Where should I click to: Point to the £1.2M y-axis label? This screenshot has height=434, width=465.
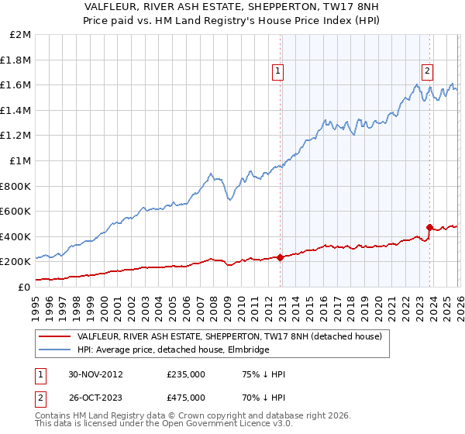coord(15,136)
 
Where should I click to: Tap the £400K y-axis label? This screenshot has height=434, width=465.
coord(15,236)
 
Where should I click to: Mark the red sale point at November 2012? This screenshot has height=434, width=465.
coord(280,258)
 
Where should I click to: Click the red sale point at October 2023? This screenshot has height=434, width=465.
coord(429,228)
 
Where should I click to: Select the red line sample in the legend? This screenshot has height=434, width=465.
coord(54,337)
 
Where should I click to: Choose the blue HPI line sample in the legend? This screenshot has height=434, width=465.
coord(54,350)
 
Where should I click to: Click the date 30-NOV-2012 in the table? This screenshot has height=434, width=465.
coord(96,374)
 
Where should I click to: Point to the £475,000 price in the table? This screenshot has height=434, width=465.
coord(186,397)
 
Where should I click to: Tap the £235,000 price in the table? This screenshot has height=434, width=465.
coord(186,374)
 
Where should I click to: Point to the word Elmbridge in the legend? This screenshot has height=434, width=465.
coord(247,350)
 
